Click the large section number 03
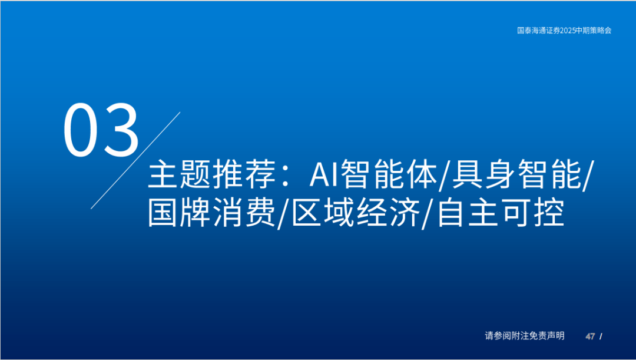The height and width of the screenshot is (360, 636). pos(101,130)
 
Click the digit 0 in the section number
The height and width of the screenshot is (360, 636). pos(82,130)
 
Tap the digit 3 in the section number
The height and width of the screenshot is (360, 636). pos(121,130)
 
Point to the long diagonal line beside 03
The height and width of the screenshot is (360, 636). pos(135,160)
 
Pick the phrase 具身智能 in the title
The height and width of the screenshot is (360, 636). pos(515,174)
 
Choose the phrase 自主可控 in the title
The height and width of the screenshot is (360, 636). pos(501,213)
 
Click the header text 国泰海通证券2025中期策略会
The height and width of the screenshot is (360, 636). pos(564,31)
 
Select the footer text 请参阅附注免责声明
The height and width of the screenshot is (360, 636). pos(525,336)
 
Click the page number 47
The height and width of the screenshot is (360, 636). pos(590,336)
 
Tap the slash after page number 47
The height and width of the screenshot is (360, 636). pos(601,336)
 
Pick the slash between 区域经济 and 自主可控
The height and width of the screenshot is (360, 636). pos(428,214)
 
